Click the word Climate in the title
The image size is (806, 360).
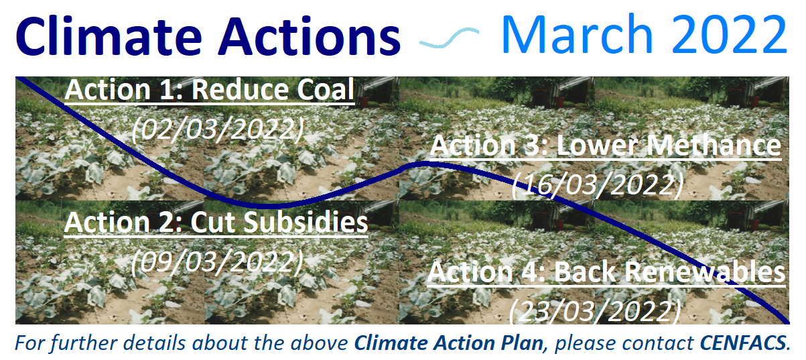coord(109,36)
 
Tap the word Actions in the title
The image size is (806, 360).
coord(310,36)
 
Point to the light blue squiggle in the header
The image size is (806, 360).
coord(449,38)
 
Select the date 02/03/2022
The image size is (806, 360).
coord(218,129)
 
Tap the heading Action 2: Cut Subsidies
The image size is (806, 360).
coord(216,222)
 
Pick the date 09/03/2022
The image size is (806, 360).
coord(217,261)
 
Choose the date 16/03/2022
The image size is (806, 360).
coord(598,184)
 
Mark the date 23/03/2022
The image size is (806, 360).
coord(595,311)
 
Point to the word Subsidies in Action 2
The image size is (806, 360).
coord(306,221)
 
